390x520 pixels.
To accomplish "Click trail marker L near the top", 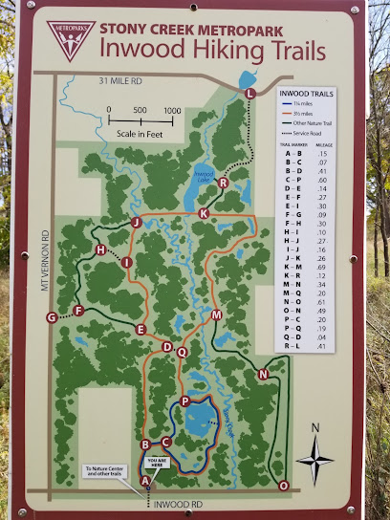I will pos(250,93).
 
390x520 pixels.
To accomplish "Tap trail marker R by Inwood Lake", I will pos(223,183).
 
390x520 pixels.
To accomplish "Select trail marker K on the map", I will pos(203,213).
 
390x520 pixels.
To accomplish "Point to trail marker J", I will pos(136,223).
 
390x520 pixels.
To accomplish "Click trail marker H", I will pos(100,249).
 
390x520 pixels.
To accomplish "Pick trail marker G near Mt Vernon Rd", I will pos(52,317).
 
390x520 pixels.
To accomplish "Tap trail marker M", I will pos(216,314).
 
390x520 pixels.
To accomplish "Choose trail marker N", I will pos(263,375).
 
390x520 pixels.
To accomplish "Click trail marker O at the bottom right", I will pos(283,486).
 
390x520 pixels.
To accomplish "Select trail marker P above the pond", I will pos(184,401).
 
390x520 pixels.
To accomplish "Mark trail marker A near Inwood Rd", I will pos(145,481).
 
